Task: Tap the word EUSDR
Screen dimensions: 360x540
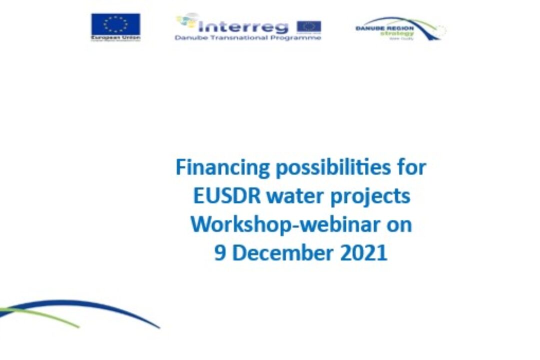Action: [227, 195]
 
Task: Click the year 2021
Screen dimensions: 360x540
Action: [363, 252]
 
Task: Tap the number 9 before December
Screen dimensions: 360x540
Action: [220, 252]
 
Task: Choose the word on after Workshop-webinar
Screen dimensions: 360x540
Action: [398, 224]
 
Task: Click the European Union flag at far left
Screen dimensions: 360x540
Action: [115, 24]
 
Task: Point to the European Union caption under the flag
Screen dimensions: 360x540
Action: [115, 38]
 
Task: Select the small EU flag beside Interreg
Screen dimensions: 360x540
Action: [308, 26]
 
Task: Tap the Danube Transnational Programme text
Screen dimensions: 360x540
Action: [247, 38]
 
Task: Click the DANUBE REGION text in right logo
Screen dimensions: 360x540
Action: [384, 28]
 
